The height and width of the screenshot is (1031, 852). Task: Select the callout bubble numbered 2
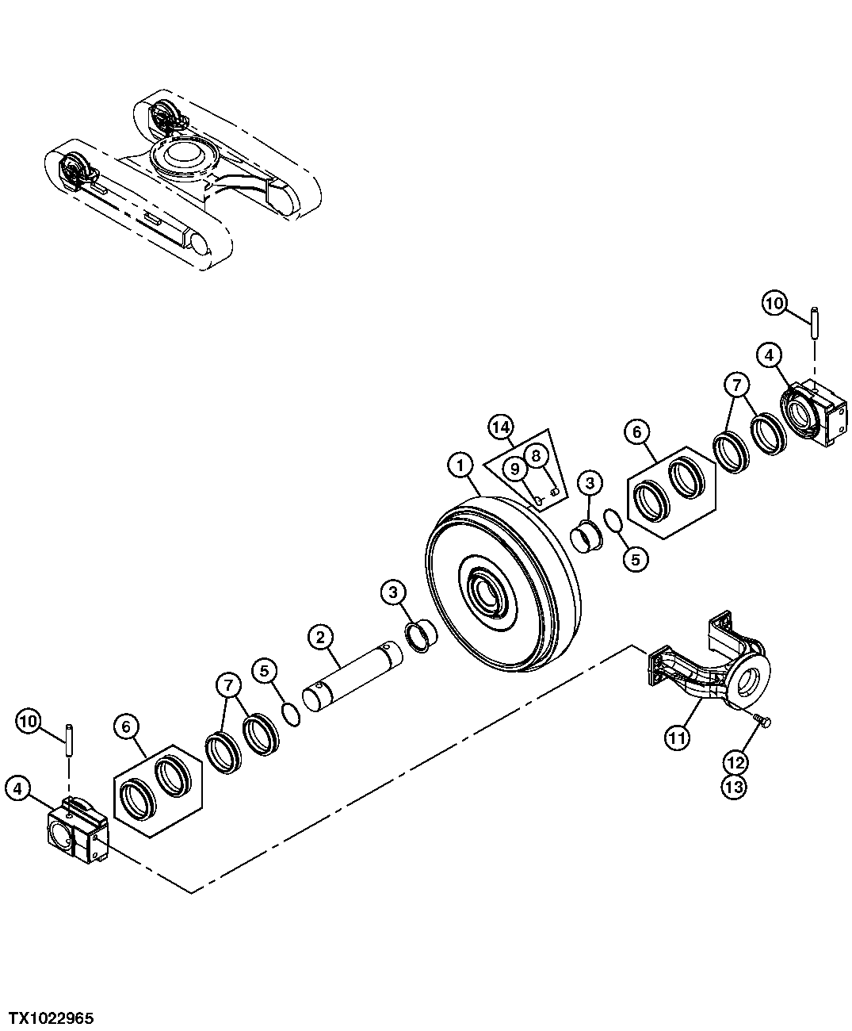click(x=319, y=636)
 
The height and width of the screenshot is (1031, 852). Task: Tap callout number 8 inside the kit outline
click(x=536, y=455)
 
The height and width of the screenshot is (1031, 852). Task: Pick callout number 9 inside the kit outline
click(x=515, y=469)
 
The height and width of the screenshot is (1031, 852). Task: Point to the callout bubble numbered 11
click(x=676, y=738)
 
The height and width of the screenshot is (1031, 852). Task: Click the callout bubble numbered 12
click(x=734, y=763)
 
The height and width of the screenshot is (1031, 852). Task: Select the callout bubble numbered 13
click(x=734, y=788)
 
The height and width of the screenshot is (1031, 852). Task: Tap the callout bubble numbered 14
click(x=499, y=427)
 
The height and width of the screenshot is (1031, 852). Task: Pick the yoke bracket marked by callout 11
click(x=705, y=674)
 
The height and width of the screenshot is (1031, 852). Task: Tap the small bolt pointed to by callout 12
click(x=764, y=720)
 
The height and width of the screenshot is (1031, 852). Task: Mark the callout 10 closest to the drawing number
click(x=29, y=721)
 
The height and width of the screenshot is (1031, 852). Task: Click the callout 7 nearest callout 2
click(x=228, y=684)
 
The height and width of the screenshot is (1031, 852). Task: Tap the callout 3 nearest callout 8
click(x=588, y=481)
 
